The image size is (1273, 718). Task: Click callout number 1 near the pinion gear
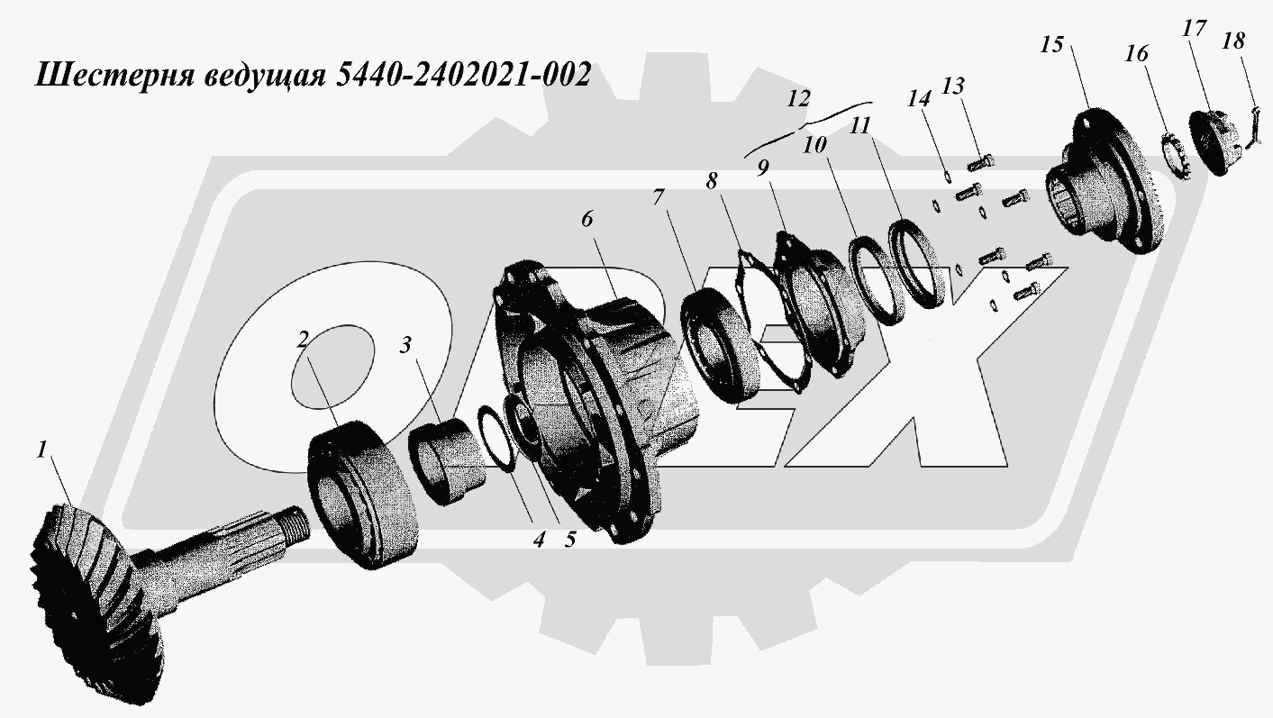point(41,450)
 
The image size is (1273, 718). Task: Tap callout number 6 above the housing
point(586,219)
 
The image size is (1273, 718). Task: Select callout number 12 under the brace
point(798,99)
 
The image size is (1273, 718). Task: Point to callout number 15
point(1051,44)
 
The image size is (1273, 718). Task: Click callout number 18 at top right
point(1233,41)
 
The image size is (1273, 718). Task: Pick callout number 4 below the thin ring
point(539,540)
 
